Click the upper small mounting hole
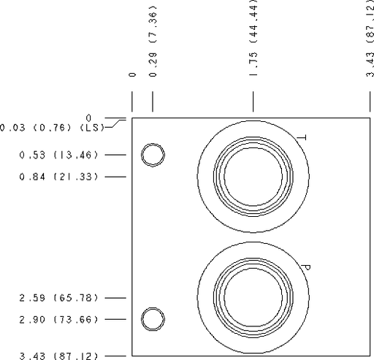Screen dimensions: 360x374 (x=153, y=155)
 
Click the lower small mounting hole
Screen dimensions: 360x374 (x=153, y=320)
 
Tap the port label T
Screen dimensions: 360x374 (x=301, y=137)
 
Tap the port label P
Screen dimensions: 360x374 (x=306, y=268)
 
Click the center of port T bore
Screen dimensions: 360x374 (x=253, y=177)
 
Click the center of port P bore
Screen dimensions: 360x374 (x=253, y=298)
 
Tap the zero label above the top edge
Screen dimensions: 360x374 (x=132, y=74)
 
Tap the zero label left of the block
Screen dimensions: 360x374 (x=88, y=118)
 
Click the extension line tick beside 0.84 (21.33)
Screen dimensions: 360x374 (x=115, y=177)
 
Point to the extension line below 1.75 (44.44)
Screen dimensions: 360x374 (x=253, y=102)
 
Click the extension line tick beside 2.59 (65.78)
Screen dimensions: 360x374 (x=115, y=298)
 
